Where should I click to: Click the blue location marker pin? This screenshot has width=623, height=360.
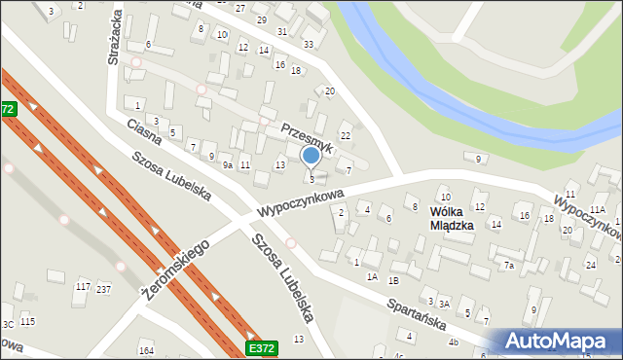[311, 155]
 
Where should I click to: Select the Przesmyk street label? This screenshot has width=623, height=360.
[308, 136]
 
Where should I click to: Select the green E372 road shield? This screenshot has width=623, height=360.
[261, 347]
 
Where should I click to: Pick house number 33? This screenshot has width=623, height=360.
[309, 44]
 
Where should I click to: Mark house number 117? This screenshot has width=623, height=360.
[83, 286]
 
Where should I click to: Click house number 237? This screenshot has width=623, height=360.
[103, 289]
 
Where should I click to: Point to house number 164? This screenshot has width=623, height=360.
[147, 350]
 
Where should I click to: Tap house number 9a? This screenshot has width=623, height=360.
[227, 165]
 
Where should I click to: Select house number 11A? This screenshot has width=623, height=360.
[597, 210]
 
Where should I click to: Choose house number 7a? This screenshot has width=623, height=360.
[508, 266]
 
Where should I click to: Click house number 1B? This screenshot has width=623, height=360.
[393, 280]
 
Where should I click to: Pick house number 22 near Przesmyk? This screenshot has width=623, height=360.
[345, 134]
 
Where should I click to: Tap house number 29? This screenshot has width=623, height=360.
[261, 19]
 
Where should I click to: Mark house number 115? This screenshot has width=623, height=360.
[27, 321]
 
